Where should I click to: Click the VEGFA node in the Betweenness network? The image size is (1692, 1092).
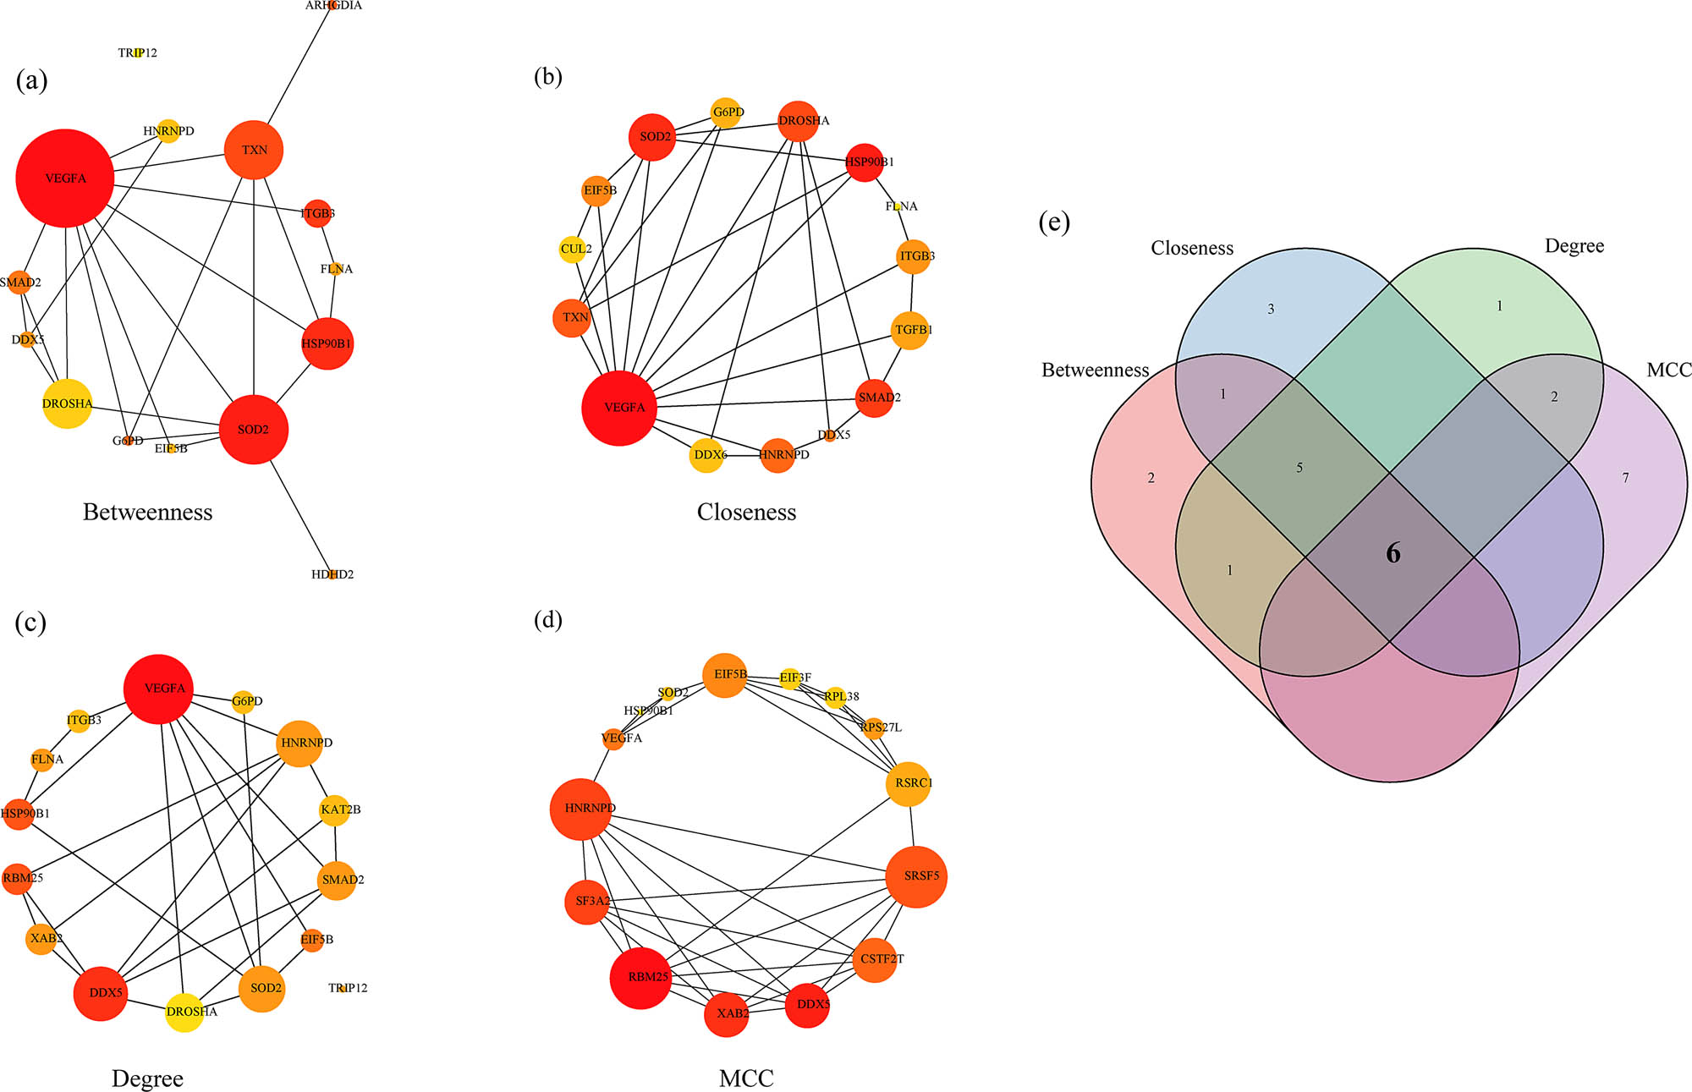pos(65,178)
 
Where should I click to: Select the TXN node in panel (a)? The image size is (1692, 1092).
pos(254,150)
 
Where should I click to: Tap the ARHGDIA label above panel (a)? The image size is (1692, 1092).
pos(333,5)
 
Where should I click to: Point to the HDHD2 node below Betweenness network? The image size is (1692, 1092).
pos(332,574)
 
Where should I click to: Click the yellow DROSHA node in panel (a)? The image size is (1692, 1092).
pos(67,403)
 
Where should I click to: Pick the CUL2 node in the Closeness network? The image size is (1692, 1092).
pos(574,249)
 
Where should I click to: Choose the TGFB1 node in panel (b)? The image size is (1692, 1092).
pos(910,330)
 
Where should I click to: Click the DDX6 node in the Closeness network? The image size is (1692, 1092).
pos(707,455)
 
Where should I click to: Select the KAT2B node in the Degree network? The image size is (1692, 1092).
pos(336,809)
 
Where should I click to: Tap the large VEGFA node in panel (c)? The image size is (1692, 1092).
pos(160,689)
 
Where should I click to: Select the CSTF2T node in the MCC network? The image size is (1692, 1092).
pos(876,959)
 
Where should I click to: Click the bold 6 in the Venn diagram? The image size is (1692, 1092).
pos(1393,553)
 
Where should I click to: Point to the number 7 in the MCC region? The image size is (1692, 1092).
pos(1625,478)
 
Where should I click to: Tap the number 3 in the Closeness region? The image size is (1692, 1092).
pos(1271,310)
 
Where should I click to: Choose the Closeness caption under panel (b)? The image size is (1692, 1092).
pos(746,512)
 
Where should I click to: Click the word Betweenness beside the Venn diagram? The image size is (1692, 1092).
pos(1095,370)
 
